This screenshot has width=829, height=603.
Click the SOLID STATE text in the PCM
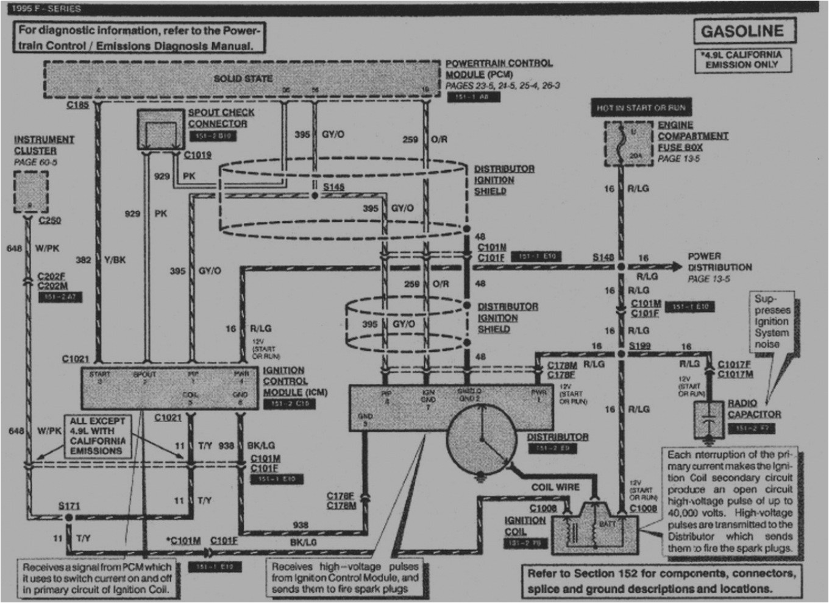pyautogui.click(x=243, y=79)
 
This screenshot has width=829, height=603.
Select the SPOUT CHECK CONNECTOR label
pyautogui.click(x=221, y=118)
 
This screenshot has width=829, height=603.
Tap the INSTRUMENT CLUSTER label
pyautogui.click(x=43, y=145)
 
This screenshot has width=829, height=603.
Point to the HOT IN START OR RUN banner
pyautogui.click(x=641, y=108)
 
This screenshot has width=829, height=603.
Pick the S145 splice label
pyautogui.click(x=333, y=187)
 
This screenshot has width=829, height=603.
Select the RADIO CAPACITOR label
pyautogui.click(x=753, y=409)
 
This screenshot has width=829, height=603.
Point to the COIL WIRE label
pyautogui.click(x=555, y=487)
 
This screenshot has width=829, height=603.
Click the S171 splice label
pyautogui.click(x=69, y=506)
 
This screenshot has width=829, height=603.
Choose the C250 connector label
pyautogui.click(x=49, y=220)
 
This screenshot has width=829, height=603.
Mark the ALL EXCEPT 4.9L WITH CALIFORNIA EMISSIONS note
pyautogui.click(x=98, y=436)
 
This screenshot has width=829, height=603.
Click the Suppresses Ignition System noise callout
pyautogui.click(x=771, y=322)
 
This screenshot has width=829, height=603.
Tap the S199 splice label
pyautogui.click(x=639, y=345)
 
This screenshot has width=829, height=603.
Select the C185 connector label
pyautogui.click(x=77, y=105)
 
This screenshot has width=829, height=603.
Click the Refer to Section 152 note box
pyautogui.click(x=661, y=581)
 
